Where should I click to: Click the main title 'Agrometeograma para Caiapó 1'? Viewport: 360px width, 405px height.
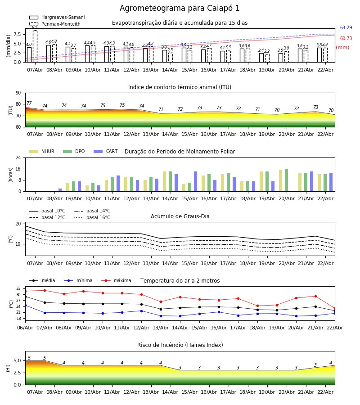(x=180, y=8)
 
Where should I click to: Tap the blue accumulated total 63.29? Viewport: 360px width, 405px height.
(x=346, y=28)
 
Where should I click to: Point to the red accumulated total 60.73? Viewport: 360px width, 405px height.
(x=346, y=39)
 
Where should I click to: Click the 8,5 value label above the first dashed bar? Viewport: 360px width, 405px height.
(x=35, y=27)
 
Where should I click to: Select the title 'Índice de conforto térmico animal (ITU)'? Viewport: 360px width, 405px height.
(x=180, y=87)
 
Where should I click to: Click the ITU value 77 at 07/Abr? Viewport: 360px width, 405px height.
(x=29, y=103)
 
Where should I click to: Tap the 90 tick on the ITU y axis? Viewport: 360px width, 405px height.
(x=18, y=93)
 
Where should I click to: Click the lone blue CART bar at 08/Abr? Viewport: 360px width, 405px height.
(x=60, y=190)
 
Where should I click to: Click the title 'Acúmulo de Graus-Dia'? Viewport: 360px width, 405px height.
(x=180, y=216)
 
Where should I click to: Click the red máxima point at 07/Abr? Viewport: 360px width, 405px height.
(x=45, y=290)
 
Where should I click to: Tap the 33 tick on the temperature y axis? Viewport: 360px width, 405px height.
(x=18, y=288)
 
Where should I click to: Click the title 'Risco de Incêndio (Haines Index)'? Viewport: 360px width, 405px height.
(x=180, y=345)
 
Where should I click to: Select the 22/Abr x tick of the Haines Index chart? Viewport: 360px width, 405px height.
(x=325, y=392)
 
